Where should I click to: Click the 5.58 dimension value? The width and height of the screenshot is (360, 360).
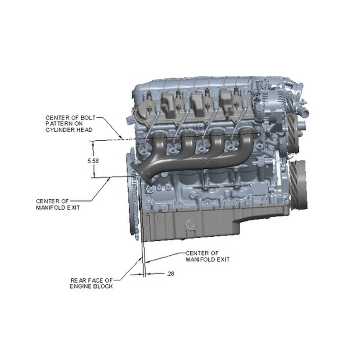[93, 161]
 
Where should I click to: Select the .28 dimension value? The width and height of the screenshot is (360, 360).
[171, 274]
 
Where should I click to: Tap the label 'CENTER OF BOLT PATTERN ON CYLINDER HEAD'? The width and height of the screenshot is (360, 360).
[71, 124]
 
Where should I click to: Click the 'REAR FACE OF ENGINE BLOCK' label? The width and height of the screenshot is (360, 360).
[92, 283]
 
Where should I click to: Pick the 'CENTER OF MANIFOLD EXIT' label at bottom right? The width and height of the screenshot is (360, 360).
[207, 256]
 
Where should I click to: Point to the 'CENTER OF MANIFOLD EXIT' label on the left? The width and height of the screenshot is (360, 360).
[58, 204]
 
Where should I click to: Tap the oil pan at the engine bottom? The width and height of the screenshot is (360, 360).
[190, 226]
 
